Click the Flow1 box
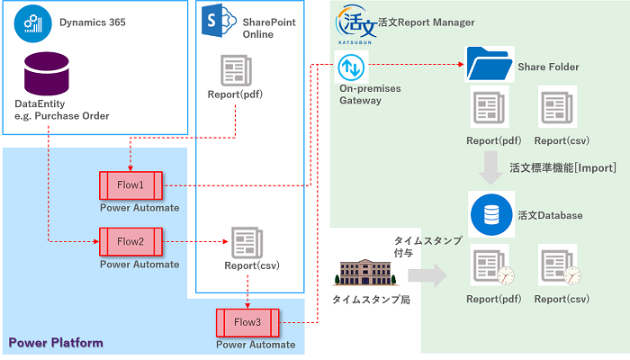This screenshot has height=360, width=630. (130, 184)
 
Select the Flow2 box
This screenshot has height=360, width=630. (130, 241)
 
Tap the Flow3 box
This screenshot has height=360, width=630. (247, 321)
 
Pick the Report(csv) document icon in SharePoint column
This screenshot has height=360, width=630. (247, 242)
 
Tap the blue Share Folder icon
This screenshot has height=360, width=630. (486, 66)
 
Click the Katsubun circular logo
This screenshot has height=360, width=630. (354, 25)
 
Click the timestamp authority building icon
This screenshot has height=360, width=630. (361, 274)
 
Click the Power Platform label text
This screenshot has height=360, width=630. (56, 343)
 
